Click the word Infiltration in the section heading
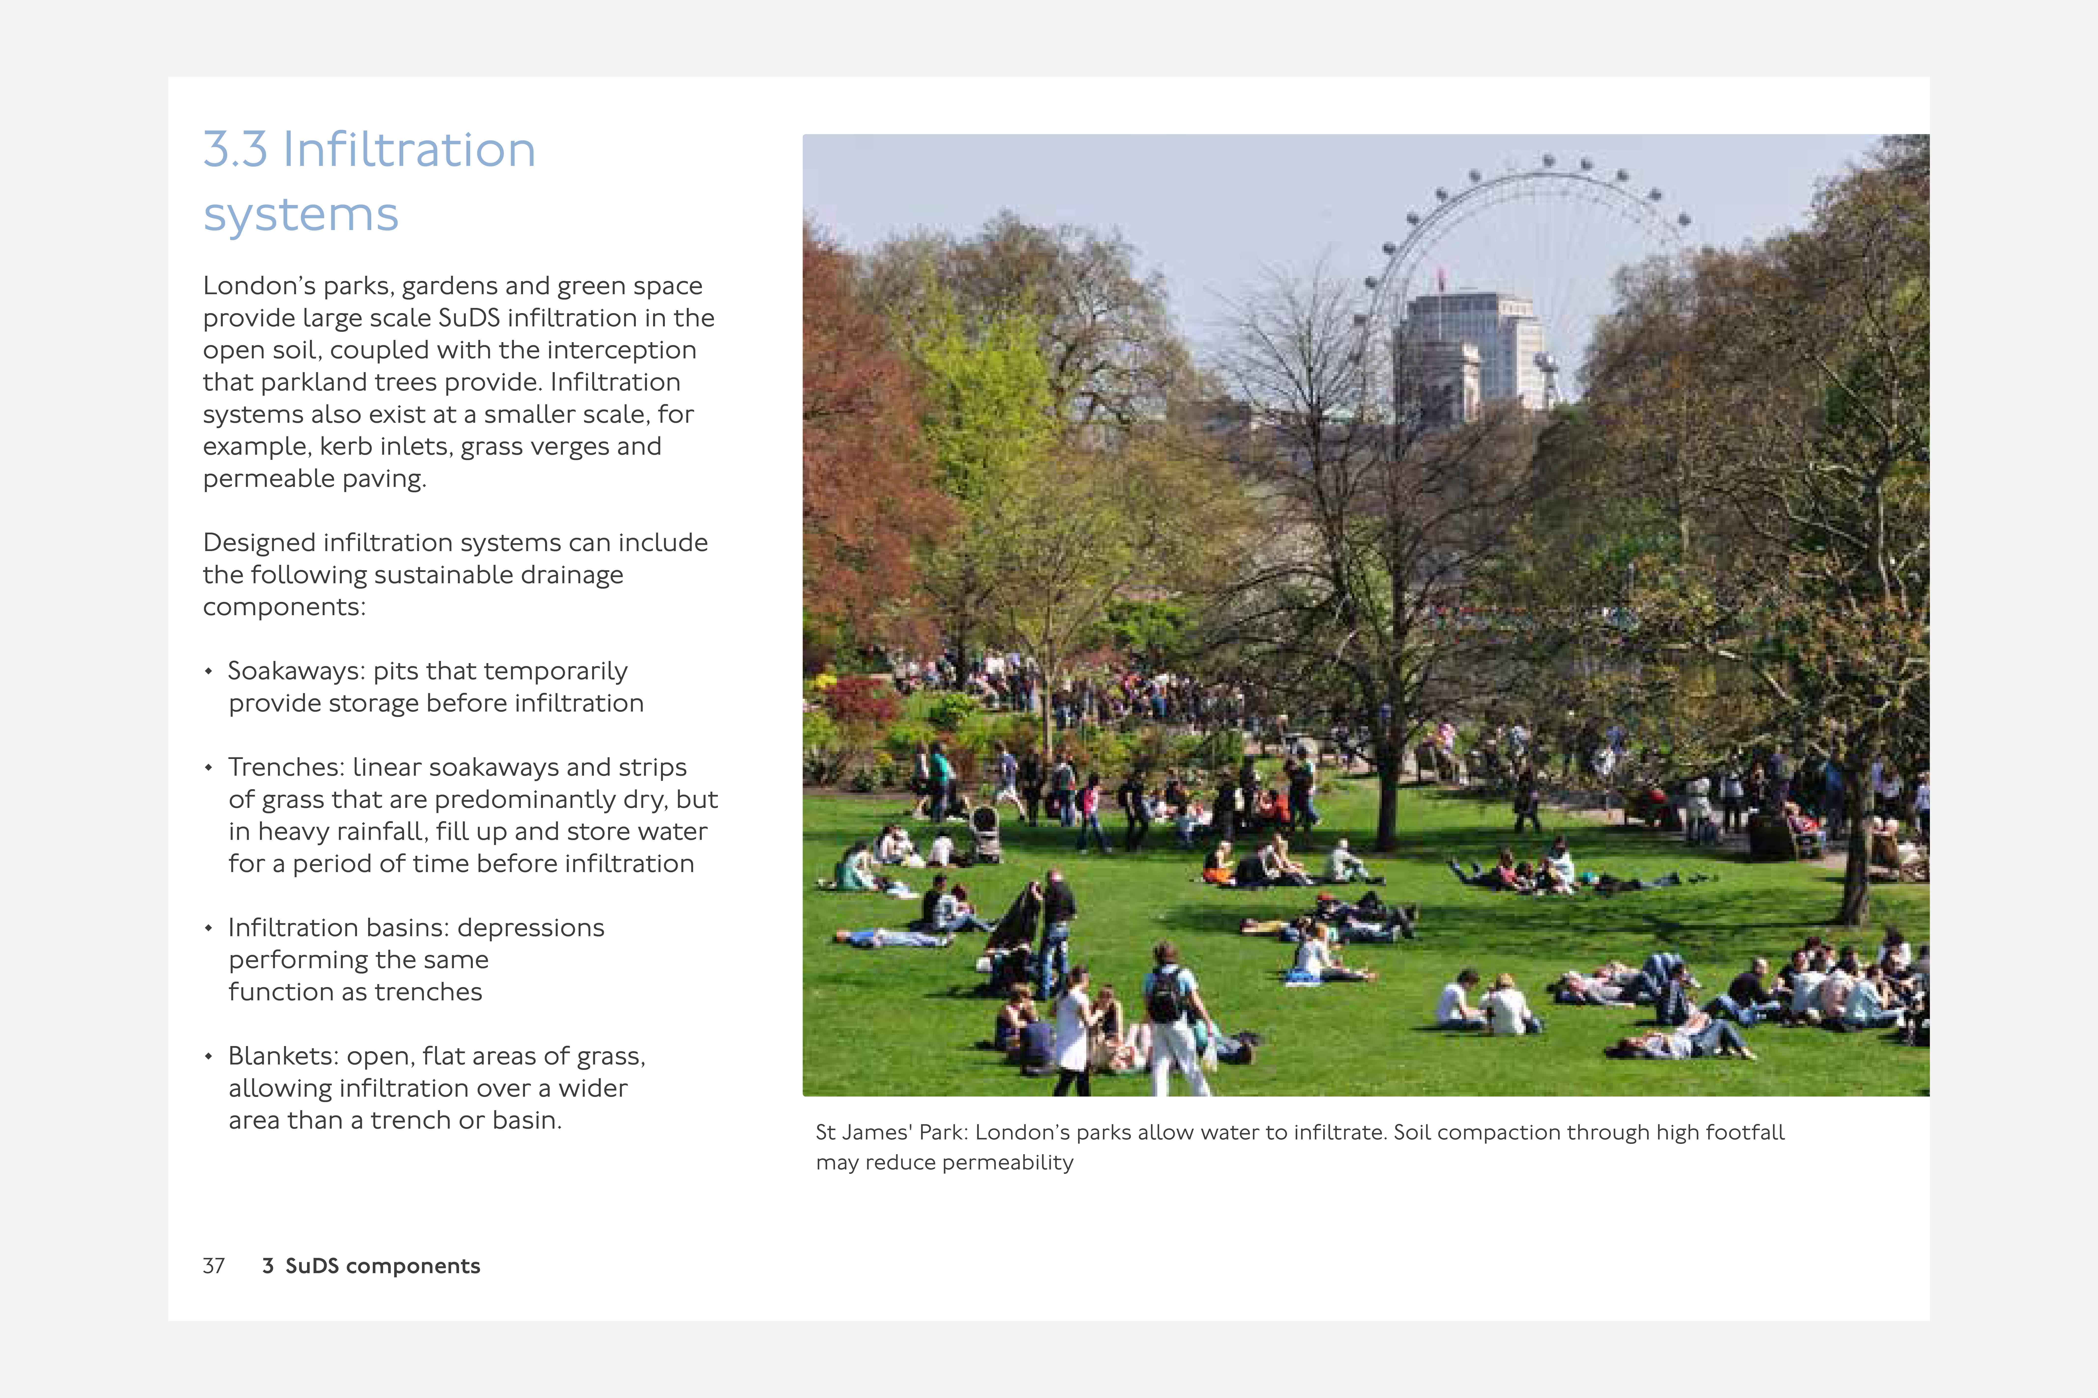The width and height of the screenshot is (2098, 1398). coord(409,150)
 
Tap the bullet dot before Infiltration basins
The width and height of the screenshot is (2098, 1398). coord(209,928)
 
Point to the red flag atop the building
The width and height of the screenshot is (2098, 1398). coord(1441,275)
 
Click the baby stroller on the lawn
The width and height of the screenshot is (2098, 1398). coord(985,834)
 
